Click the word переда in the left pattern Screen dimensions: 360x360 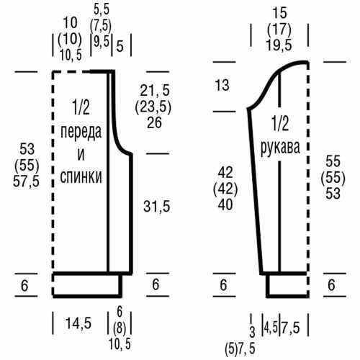pos(81,132)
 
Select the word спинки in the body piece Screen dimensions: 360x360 pos(81,176)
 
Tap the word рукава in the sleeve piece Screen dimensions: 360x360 pos(280,148)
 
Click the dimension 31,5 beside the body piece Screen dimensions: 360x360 pos(157,207)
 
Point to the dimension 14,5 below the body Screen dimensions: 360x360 pos(78,323)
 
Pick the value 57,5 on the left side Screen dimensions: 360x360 pos(26,181)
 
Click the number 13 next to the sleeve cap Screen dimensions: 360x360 pos(222,85)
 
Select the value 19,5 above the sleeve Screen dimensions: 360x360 pos(279,45)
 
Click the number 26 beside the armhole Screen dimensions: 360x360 pos(155,122)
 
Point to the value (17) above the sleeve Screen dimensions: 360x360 pos(279,30)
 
